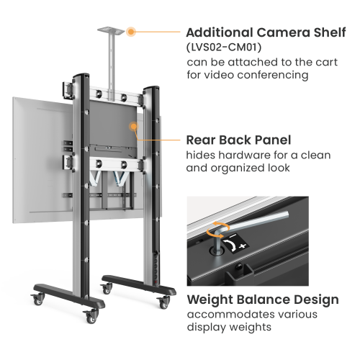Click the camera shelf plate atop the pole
click(x=111, y=30)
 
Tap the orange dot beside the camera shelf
click(x=131, y=32)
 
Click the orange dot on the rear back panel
click(x=134, y=126)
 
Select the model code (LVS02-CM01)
click(x=224, y=48)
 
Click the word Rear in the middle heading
click(x=201, y=140)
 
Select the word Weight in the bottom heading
click(x=210, y=300)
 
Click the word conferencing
click(x=273, y=76)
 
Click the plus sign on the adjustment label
click(x=243, y=246)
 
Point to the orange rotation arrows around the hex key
click(x=218, y=230)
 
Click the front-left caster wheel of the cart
click(x=91, y=317)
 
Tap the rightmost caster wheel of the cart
click(x=164, y=303)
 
